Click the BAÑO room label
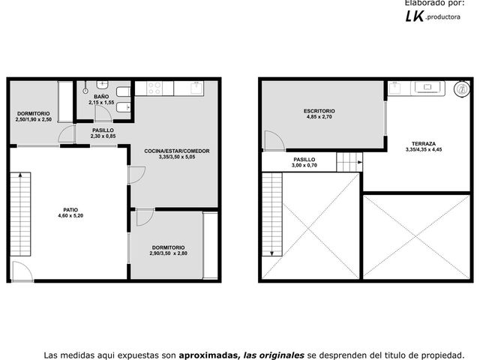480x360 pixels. [101, 97]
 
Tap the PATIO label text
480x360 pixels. [70, 210]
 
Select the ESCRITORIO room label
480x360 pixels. [319, 111]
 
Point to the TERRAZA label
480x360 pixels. [424, 143]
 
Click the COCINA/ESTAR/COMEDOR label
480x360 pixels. [177, 151]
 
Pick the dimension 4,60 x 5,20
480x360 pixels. [70, 215]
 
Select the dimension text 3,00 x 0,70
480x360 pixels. [304, 165]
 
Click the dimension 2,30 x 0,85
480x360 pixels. [103, 136]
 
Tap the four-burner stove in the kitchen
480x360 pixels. [154, 88]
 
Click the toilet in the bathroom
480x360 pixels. [123, 91]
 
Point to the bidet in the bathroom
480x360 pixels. [124, 108]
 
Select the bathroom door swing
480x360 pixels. [103, 113]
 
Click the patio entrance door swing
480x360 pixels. [22, 271]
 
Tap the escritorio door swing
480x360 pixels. [275, 140]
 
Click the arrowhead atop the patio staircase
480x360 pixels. [20, 175]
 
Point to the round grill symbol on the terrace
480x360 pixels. [462, 89]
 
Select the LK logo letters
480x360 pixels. [415, 16]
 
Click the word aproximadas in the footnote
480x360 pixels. [208, 355]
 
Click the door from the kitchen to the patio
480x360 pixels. [136, 175]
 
